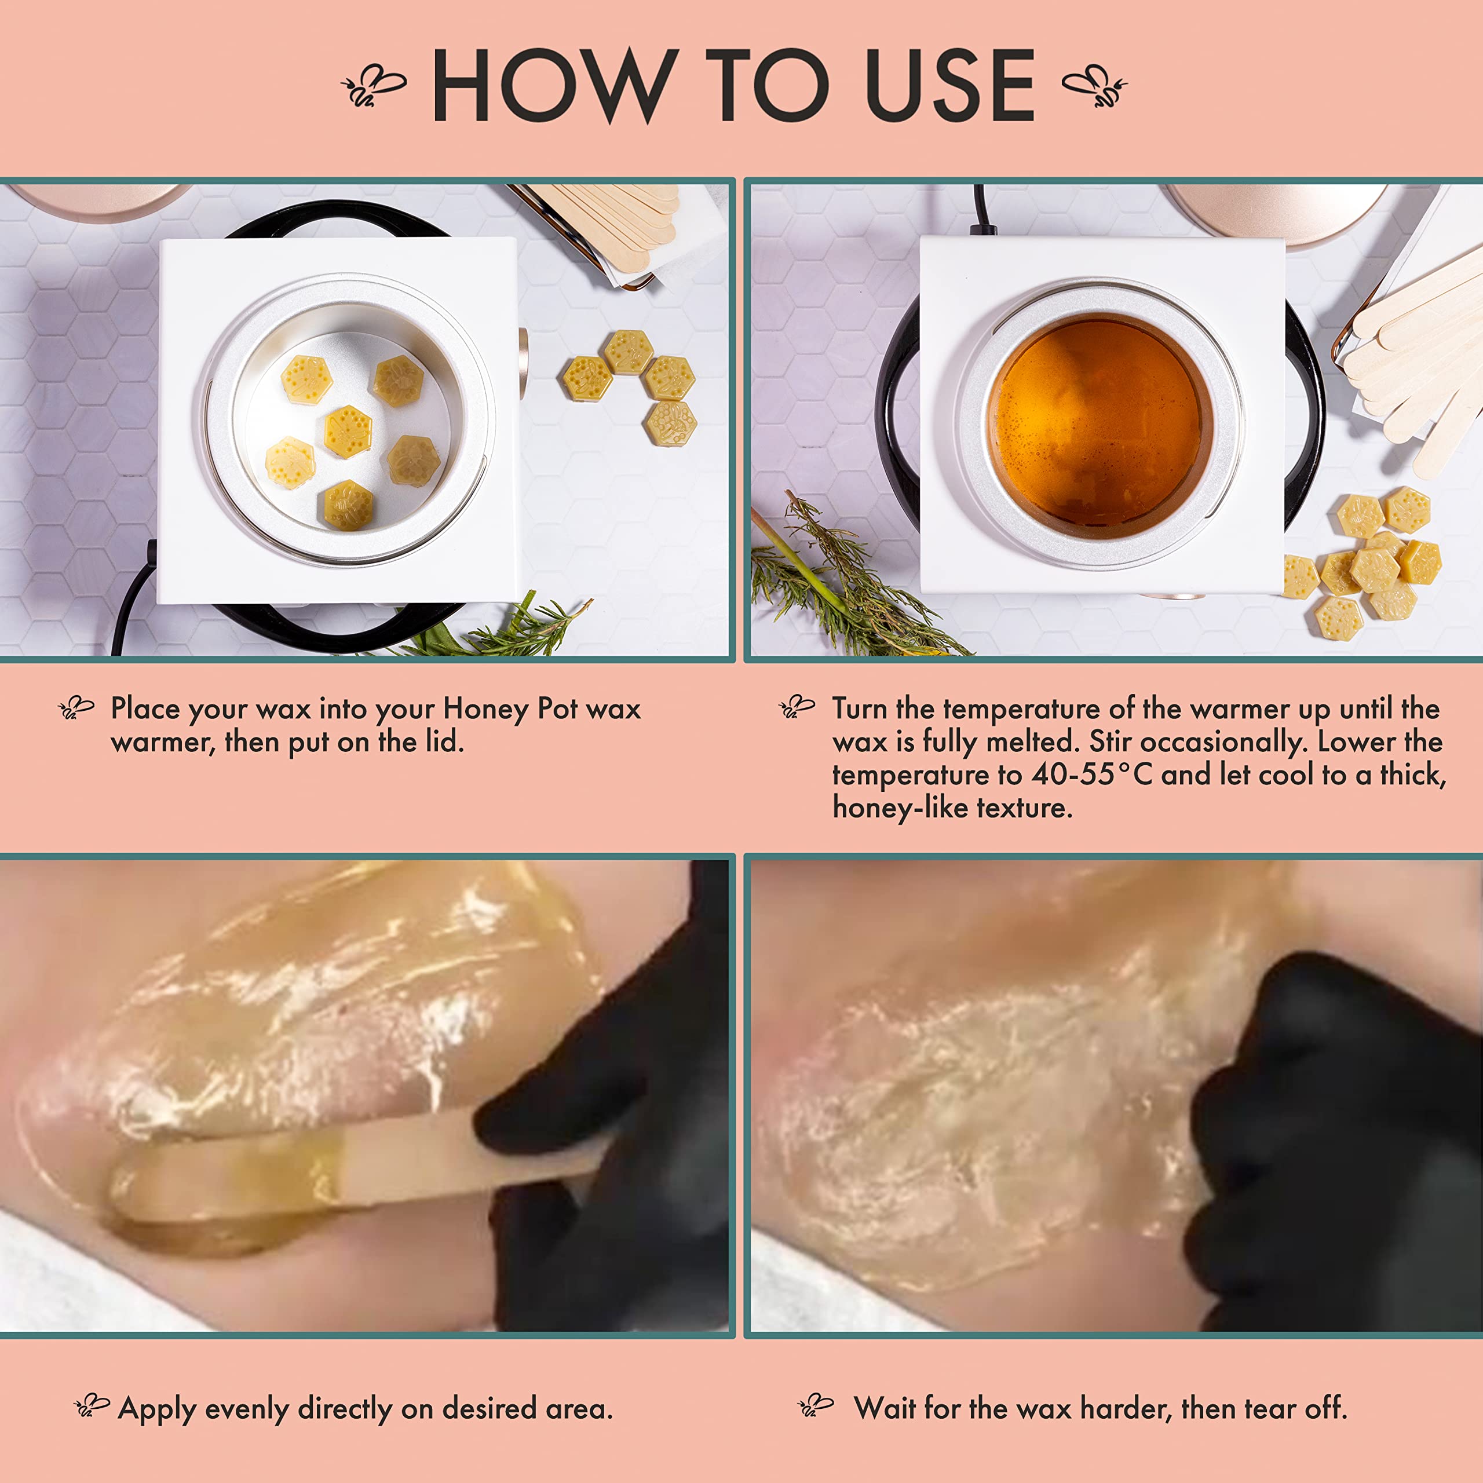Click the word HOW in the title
[x=556, y=85]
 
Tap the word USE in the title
[x=950, y=85]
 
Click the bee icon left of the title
[x=373, y=85]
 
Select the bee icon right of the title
[x=1095, y=85]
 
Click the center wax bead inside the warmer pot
[x=348, y=432]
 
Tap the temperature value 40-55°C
[x=1091, y=774]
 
